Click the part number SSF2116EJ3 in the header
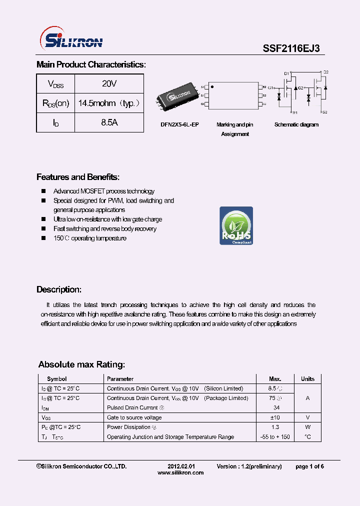291,48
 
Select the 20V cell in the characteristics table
109,84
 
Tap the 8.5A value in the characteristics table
109,122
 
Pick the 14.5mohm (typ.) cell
109,103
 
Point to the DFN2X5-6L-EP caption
179,124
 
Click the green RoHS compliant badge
236,225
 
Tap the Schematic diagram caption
296,124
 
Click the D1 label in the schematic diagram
287,73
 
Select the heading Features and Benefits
78,177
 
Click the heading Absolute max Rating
81,364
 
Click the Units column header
307,379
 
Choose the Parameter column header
120,379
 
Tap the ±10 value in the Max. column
275,417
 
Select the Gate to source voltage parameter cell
134,417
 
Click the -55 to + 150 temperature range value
275,437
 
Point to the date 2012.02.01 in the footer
180,466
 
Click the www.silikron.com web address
180,473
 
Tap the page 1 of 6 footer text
309,466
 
